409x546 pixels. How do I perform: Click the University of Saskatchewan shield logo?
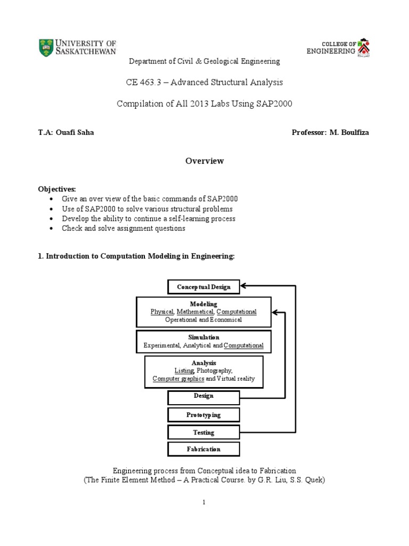pyautogui.click(x=46, y=48)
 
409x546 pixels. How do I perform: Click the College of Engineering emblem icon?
pyautogui.click(x=364, y=47)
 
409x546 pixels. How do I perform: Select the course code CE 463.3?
pyautogui.click(x=144, y=82)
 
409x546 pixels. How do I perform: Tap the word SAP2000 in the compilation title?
pyautogui.click(x=275, y=103)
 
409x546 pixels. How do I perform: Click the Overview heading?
pyautogui.click(x=204, y=161)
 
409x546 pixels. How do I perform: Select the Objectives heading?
pyautogui.click(x=57, y=189)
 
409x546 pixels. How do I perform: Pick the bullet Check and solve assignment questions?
pyautogui.click(x=124, y=228)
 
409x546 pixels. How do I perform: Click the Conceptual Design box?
pyautogui.click(x=204, y=287)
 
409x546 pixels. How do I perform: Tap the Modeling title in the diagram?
pyautogui.click(x=203, y=304)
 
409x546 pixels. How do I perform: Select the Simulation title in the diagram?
pyautogui.click(x=203, y=338)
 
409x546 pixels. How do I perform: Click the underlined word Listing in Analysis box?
pyautogui.click(x=184, y=370)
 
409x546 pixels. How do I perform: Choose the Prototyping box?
pyautogui.click(x=203, y=415)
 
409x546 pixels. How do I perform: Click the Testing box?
pyautogui.click(x=203, y=432)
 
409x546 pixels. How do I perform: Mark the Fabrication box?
pyautogui.click(x=203, y=449)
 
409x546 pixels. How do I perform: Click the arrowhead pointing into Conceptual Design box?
pyautogui.click(x=243, y=286)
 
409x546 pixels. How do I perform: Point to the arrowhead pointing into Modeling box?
pyautogui.click(x=275, y=312)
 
